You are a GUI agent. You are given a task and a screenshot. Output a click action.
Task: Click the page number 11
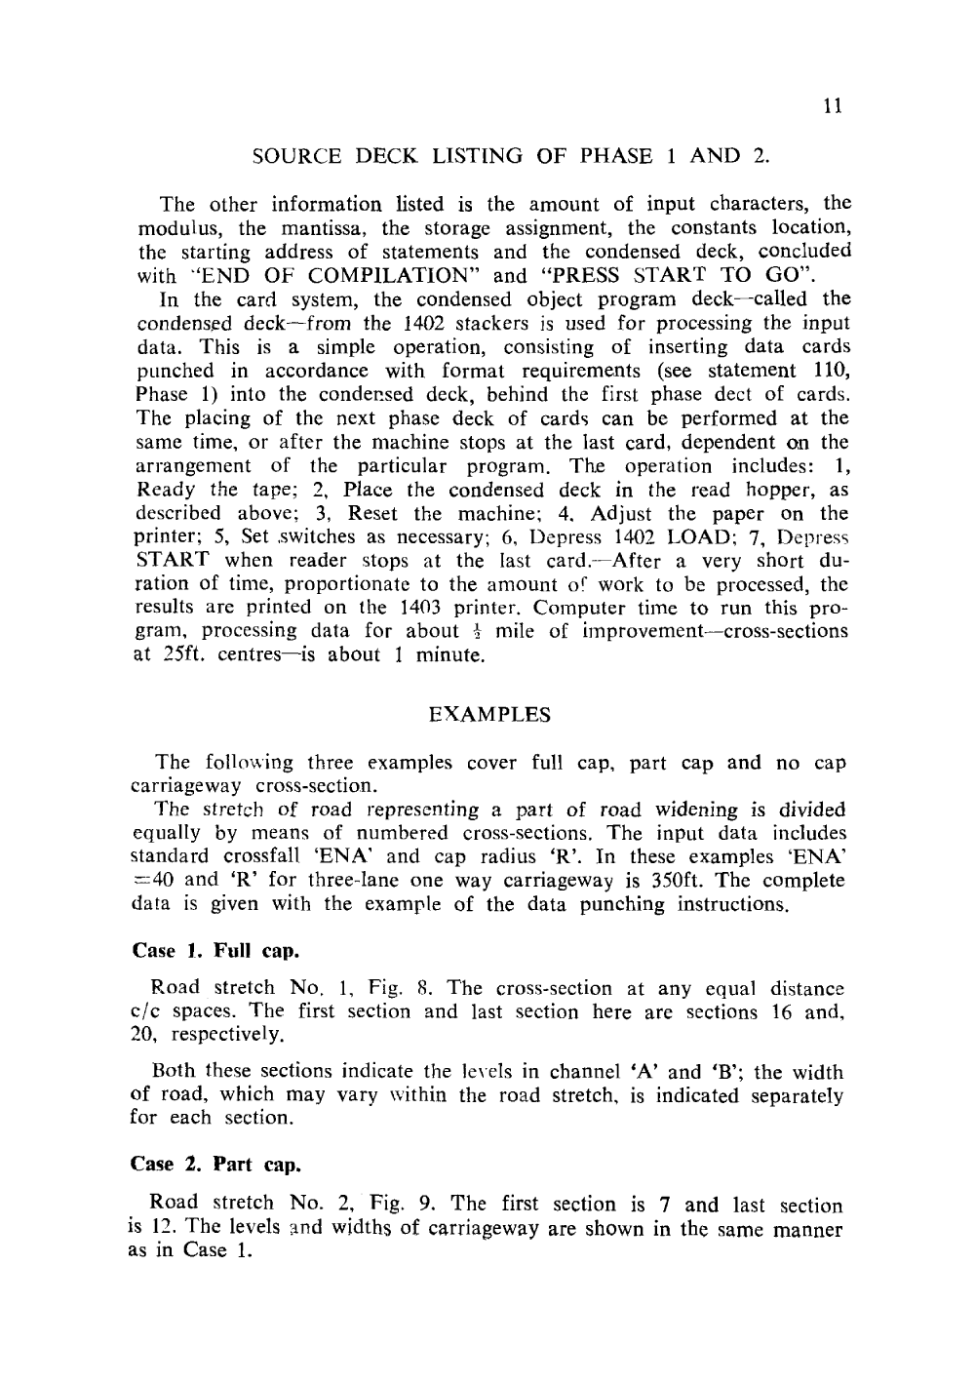[x=832, y=107]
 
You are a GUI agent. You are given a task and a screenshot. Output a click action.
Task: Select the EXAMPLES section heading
[x=489, y=715]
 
